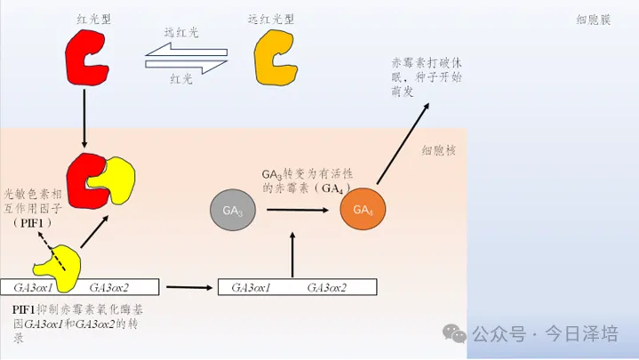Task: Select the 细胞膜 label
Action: point(592,20)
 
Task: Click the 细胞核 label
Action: point(439,151)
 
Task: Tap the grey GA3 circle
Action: point(233,211)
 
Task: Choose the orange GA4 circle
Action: point(362,210)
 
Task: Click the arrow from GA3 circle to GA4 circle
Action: point(297,211)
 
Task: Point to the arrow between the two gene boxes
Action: point(188,287)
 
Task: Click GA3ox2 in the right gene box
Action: point(326,287)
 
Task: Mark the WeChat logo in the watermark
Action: point(454,333)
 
